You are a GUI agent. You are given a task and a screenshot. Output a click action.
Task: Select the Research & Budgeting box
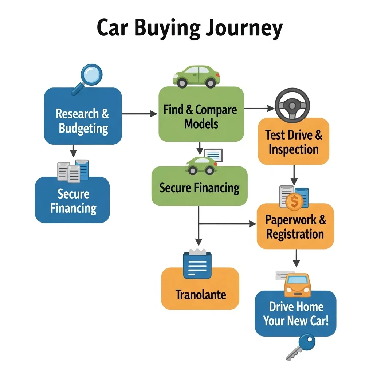83,116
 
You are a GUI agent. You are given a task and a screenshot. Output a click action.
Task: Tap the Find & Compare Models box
201,116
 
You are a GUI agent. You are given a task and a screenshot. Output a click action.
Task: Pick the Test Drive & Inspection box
293,142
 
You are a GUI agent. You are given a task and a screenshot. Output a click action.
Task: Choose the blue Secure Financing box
72,201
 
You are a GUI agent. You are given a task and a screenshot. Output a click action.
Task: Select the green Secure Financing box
199,187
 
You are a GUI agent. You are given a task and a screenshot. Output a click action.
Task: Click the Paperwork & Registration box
295,227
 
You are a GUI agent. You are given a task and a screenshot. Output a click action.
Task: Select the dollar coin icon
294,201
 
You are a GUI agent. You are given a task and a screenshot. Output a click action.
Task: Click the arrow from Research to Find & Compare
140,114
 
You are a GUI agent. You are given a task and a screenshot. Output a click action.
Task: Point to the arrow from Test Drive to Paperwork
294,175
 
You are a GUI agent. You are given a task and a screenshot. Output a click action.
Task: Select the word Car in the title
114,29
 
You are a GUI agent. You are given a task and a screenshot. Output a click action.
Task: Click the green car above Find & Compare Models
196,76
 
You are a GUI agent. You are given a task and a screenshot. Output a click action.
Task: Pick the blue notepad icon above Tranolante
197,264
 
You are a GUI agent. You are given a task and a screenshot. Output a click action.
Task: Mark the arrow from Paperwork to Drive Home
297,258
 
